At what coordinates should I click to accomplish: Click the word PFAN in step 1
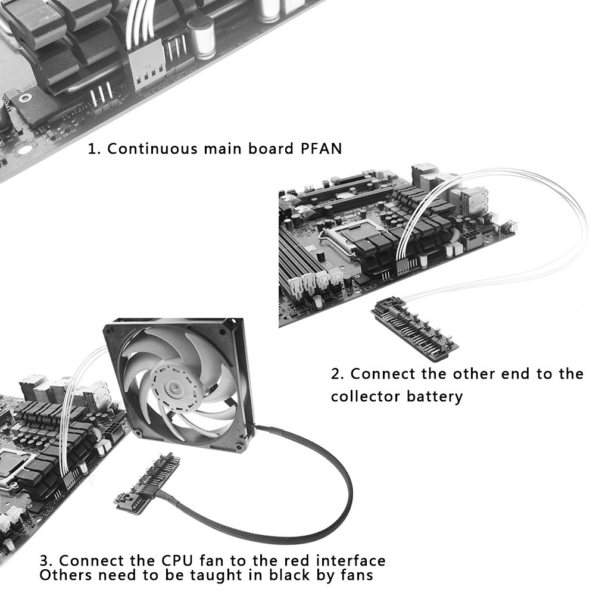[319, 148]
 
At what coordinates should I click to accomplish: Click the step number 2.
[337, 375]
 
